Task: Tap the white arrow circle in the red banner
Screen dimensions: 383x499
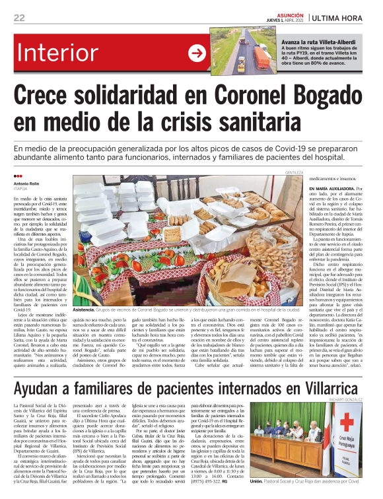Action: pos(196,53)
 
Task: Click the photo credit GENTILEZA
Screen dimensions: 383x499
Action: pos(294,172)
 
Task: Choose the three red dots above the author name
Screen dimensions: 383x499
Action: pos(18,176)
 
